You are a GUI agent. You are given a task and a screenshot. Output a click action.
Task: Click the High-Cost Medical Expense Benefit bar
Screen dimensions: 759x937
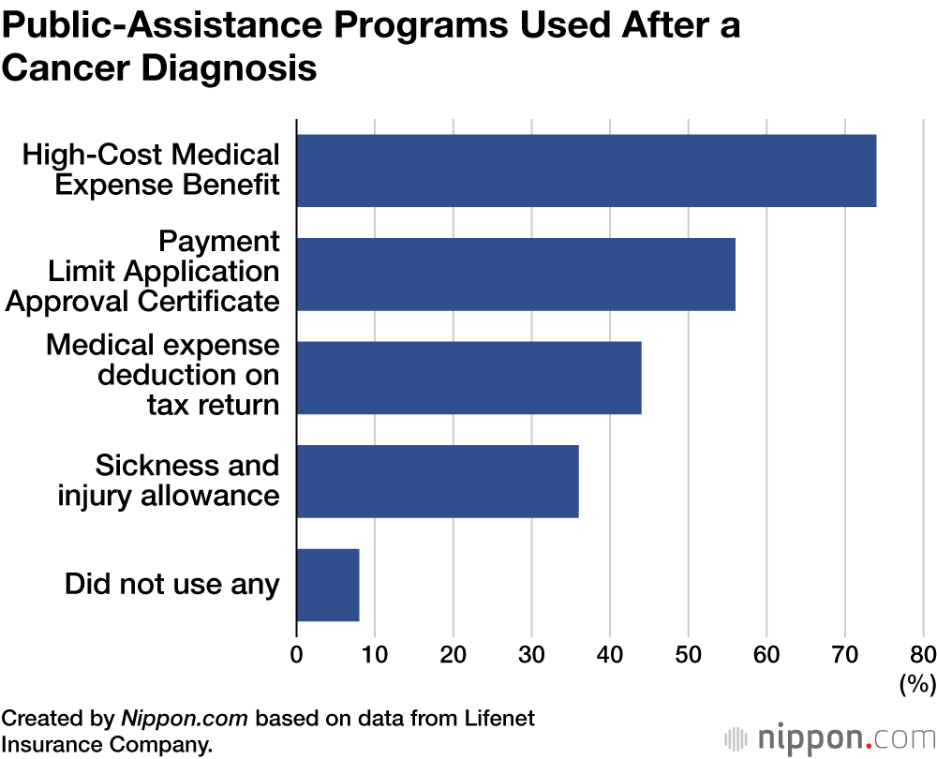[586, 171]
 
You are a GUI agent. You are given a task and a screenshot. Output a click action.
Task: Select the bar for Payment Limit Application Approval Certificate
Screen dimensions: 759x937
[515, 274]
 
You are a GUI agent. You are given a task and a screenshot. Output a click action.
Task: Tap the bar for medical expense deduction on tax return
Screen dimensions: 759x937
[468, 378]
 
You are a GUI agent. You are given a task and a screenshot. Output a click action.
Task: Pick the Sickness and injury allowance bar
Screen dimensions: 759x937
[437, 481]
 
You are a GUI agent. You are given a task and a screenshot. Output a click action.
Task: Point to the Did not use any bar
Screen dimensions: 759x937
[327, 585]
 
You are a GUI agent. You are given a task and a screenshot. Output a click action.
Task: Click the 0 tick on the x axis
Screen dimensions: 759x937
[297, 653]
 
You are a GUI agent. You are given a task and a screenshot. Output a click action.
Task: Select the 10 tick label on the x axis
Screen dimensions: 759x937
[375, 653]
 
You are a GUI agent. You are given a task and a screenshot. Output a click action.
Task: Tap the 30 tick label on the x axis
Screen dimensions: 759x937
[531, 653]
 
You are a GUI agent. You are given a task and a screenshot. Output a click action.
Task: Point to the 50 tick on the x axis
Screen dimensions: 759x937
[689, 653]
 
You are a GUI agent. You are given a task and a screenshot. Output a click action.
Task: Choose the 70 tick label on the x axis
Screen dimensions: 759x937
[845, 653]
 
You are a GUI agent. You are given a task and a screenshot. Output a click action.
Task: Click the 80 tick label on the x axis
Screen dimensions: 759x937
[922, 653]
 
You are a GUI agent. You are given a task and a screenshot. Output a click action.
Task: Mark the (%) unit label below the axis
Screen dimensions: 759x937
[916, 684]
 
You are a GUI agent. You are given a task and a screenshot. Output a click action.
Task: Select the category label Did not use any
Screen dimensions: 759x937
[172, 585]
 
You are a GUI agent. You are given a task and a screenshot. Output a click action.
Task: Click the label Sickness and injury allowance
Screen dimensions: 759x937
[169, 480]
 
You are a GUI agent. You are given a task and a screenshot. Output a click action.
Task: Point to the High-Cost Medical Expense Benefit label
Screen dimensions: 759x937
[152, 170]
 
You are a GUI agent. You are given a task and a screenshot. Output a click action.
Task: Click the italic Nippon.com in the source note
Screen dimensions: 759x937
[185, 719]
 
